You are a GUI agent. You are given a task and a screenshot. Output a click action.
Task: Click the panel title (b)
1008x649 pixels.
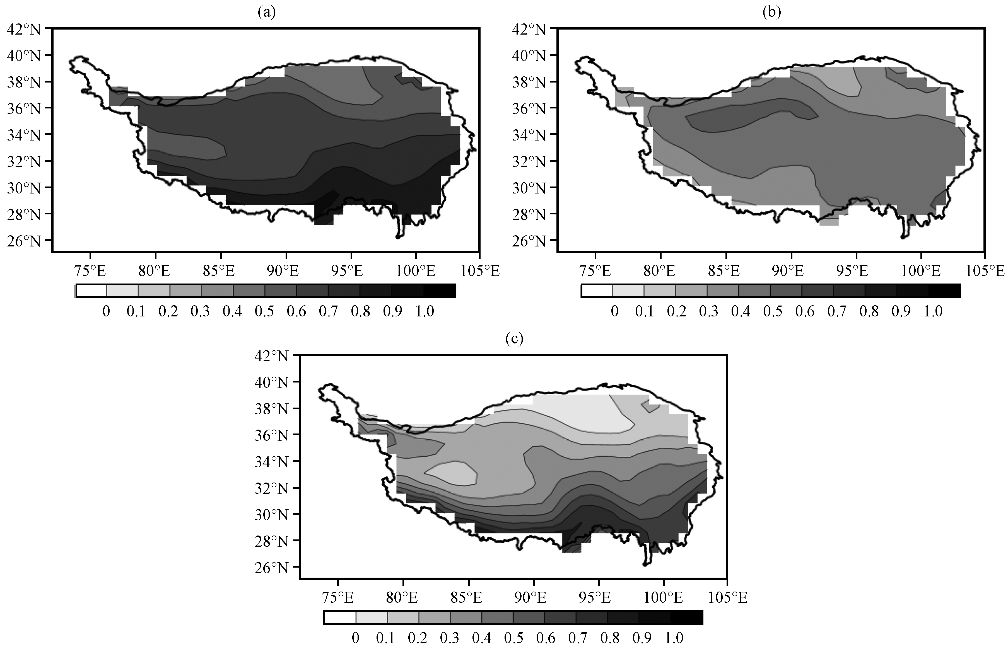[x=772, y=13]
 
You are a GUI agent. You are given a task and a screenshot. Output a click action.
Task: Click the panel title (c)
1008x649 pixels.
[x=514, y=339]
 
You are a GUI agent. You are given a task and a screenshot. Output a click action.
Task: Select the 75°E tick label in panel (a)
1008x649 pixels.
[x=90, y=271]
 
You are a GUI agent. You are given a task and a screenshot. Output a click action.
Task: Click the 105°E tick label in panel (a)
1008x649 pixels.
[x=480, y=271]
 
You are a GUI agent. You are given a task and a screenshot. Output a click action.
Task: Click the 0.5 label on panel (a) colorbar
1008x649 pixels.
[x=264, y=311]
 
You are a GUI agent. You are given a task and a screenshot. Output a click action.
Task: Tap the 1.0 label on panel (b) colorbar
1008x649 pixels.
[x=933, y=311]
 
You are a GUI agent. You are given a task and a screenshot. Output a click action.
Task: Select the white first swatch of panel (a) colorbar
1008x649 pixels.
[x=91, y=291]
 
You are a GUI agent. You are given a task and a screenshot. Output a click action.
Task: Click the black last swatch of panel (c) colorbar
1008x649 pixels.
[x=686, y=617]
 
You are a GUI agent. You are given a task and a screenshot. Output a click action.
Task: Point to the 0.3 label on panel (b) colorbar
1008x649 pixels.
[x=709, y=311]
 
